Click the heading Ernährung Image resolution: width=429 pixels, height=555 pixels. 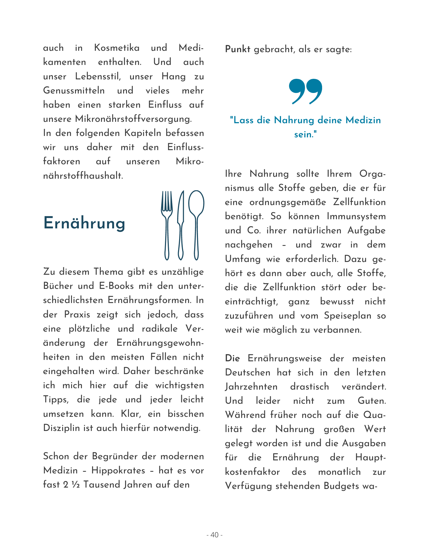tap(84, 223)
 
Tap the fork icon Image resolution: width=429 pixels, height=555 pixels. tap(167, 225)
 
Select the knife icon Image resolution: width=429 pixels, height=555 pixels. tap(181, 225)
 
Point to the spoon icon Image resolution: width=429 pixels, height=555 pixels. tap(196, 225)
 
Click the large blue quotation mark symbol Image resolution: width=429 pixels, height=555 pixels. tap(305, 91)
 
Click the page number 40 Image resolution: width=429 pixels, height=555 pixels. tap(215, 535)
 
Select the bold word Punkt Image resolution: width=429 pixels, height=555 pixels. tap(238, 49)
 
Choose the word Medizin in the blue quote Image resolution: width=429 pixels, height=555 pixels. tap(363, 120)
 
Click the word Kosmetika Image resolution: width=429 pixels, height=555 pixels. tap(117, 48)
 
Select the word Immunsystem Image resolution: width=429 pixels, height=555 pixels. tap(356, 216)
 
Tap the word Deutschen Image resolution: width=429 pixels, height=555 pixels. tap(248, 372)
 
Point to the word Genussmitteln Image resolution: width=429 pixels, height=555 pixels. tap(74, 90)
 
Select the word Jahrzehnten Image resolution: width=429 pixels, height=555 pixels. tap(251, 387)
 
